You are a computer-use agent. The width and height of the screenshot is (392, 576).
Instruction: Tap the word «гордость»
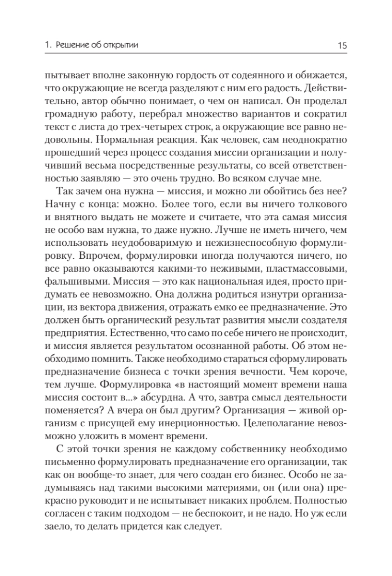point(193,76)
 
